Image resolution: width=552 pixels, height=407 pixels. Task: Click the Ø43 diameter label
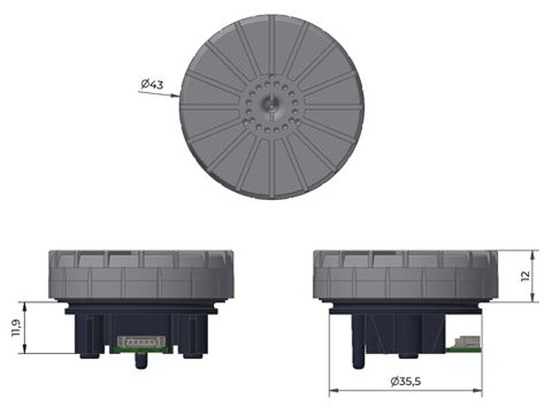pyautogui.click(x=152, y=85)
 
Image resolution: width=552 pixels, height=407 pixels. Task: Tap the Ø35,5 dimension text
pyautogui.click(x=405, y=381)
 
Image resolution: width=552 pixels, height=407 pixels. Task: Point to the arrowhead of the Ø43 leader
pyautogui.click(x=176, y=95)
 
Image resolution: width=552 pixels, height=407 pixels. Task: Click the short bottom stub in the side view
pyautogui.click(x=408, y=354)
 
